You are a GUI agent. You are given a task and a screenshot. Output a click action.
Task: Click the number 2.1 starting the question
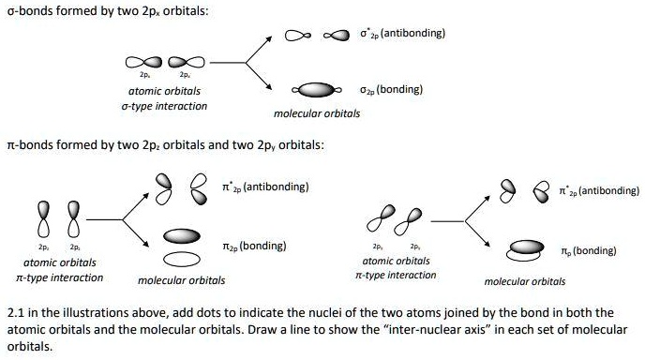[x=14, y=312]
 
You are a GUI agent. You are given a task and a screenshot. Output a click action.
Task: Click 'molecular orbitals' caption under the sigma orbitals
[x=316, y=113]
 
